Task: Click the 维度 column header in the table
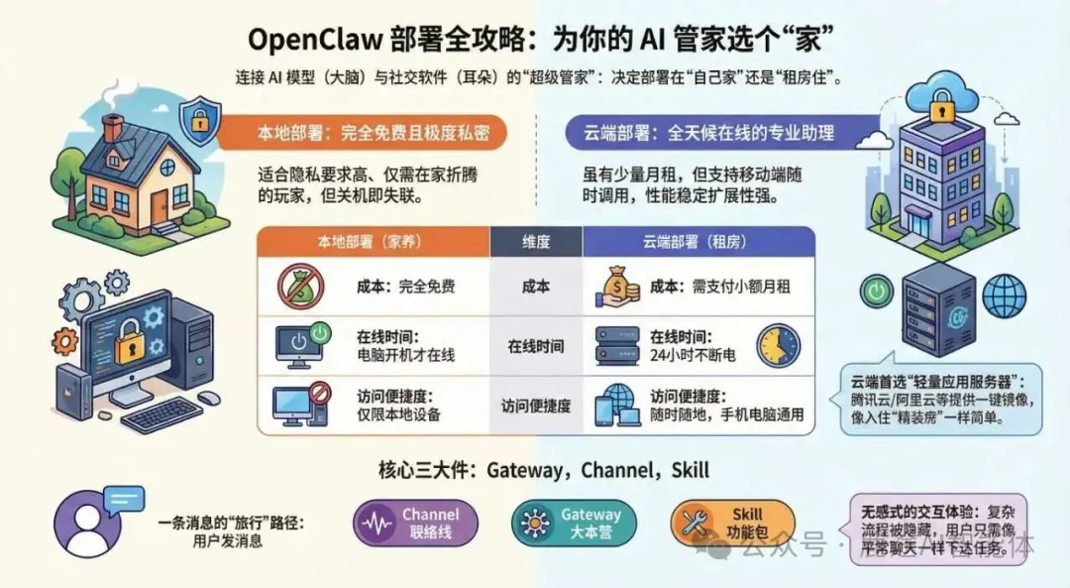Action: pyautogui.click(x=536, y=241)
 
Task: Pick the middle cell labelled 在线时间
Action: pyautogui.click(x=536, y=346)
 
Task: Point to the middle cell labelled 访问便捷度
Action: pyautogui.click(x=536, y=406)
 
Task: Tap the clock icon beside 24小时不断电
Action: pyautogui.click(x=778, y=345)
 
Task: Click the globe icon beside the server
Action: pyautogui.click(x=1004, y=295)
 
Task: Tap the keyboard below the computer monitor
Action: pyautogui.click(x=161, y=414)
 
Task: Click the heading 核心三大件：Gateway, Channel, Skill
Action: pyautogui.click(x=544, y=469)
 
